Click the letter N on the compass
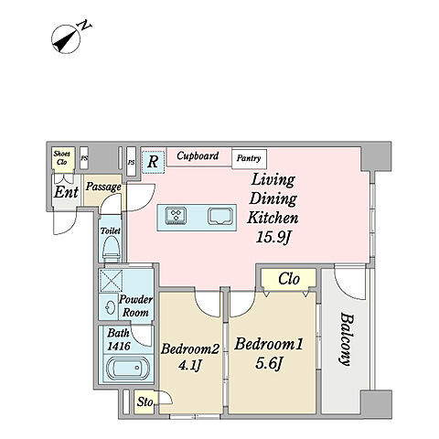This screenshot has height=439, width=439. (x=86, y=26)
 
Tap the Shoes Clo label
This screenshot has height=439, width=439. (x=62, y=158)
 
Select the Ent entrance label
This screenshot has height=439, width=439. (x=66, y=192)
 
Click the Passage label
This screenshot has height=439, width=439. (x=103, y=187)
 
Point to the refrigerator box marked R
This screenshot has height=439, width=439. (x=153, y=162)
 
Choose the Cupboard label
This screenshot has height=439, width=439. (x=198, y=155)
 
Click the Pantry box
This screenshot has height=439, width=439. (x=249, y=159)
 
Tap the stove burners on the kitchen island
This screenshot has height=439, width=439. (x=176, y=216)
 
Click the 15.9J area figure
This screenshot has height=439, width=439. (x=272, y=237)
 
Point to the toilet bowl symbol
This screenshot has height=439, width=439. (x=111, y=249)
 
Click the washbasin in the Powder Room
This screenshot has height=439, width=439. (x=111, y=308)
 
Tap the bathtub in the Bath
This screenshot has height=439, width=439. (x=127, y=368)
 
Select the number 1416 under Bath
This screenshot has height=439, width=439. (x=119, y=346)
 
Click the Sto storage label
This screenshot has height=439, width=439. (x=145, y=402)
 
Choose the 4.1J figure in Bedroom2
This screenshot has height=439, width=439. (x=189, y=365)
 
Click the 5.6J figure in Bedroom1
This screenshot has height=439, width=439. (x=268, y=363)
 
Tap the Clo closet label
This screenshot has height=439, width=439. (x=289, y=278)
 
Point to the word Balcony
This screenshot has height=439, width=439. (x=347, y=339)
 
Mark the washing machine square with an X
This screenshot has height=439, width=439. (x=112, y=281)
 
